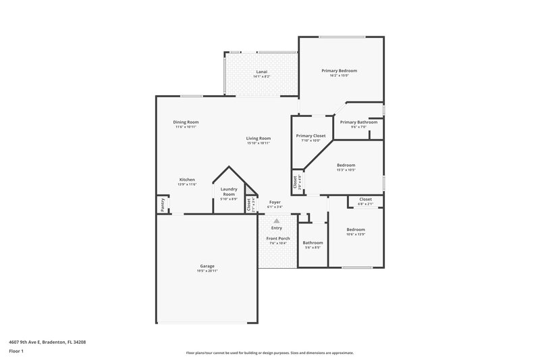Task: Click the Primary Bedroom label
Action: pyautogui.click(x=339, y=71)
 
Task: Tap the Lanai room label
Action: pyautogui.click(x=261, y=72)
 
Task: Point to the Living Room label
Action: pyautogui.click(x=259, y=138)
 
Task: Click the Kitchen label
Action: pyautogui.click(x=187, y=180)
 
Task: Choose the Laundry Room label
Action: pyautogui.click(x=230, y=191)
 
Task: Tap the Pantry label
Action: pyautogui.click(x=162, y=203)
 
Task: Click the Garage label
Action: pyautogui.click(x=207, y=266)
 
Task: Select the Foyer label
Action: pyautogui.click(x=275, y=202)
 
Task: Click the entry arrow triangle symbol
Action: pyautogui.click(x=276, y=220)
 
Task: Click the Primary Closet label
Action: pyautogui.click(x=310, y=136)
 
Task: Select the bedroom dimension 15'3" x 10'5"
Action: pyautogui.click(x=346, y=170)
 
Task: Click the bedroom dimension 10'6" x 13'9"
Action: pyautogui.click(x=356, y=234)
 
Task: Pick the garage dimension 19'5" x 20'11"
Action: pyautogui.click(x=207, y=271)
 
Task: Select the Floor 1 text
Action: pyautogui.click(x=16, y=351)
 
